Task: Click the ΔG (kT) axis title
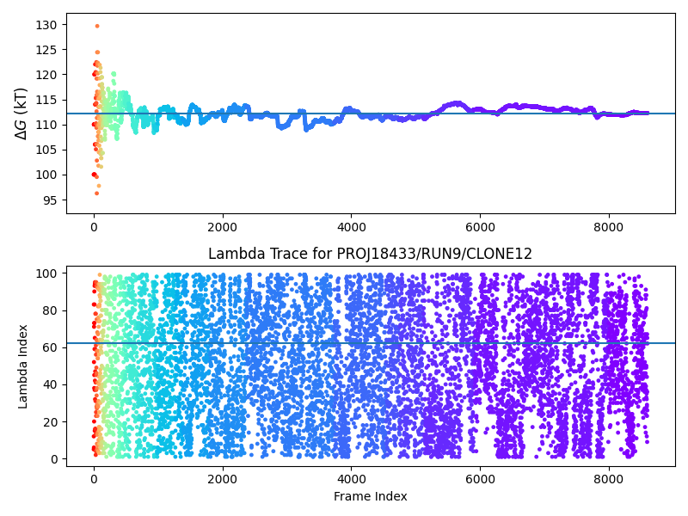[22, 113]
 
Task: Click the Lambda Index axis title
[23, 365]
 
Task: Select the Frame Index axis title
[370, 496]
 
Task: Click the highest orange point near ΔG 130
[96, 26]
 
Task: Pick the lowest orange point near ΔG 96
[96, 193]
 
